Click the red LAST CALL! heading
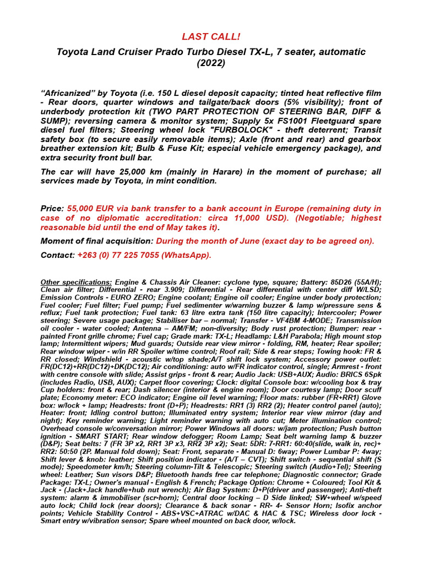(x=211, y=37)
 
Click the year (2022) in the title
(x=211, y=63)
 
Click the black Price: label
(x=53, y=208)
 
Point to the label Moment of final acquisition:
(x=97, y=241)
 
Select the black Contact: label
(x=57, y=255)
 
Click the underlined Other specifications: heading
(x=77, y=282)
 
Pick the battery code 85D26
(x=316, y=282)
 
